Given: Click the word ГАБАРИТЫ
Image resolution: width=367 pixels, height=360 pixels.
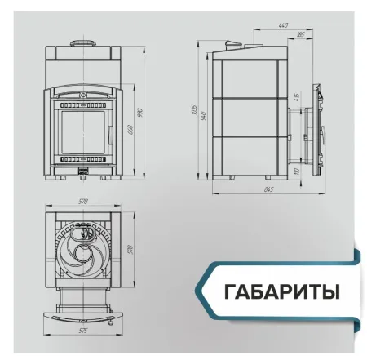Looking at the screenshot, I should click(281, 290).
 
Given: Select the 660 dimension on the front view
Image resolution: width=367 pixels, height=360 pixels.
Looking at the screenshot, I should click(128, 131).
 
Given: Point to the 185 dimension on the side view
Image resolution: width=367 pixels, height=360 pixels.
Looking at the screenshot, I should click(301, 35).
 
